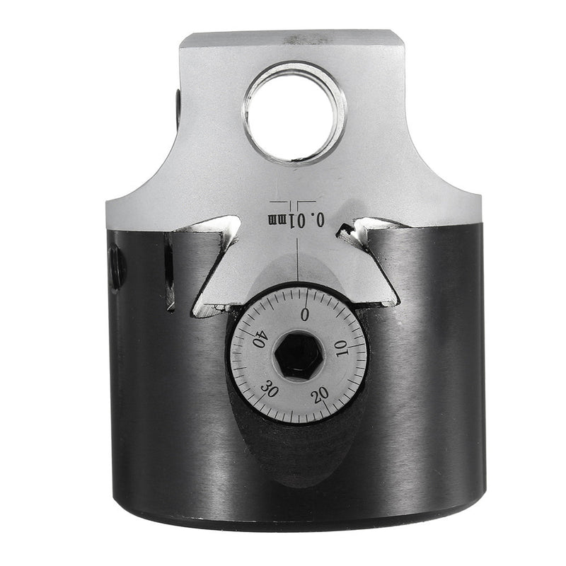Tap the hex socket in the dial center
click(x=298, y=353)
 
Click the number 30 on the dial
click(x=270, y=390)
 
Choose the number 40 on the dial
click(x=258, y=340)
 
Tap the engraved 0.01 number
click(x=311, y=220)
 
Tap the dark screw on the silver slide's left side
click(x=176, y=106)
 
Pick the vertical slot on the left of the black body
click(x=170, y=272)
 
